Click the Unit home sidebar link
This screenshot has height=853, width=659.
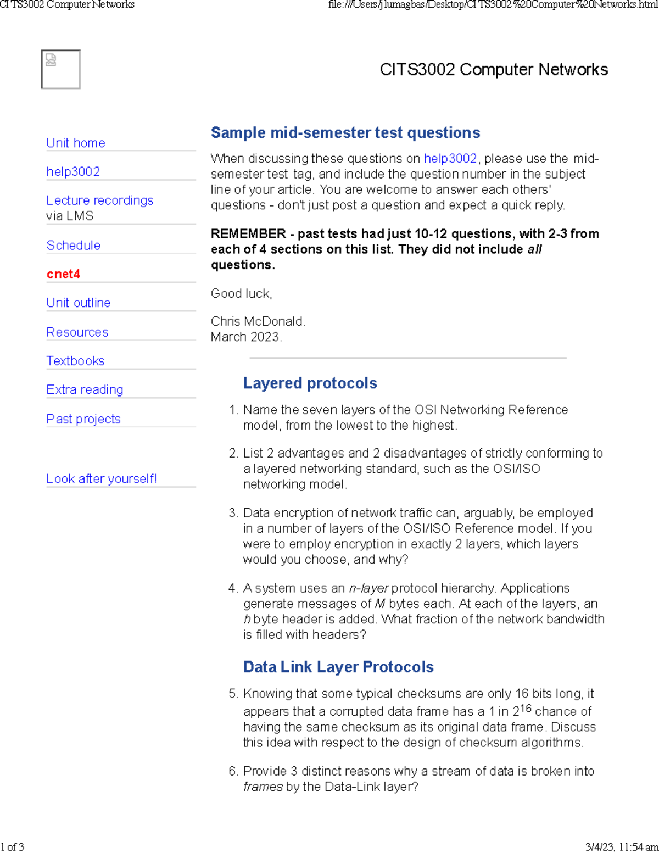pyautogui.click(x=76, y=143)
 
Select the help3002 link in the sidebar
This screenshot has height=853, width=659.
pyautogui.click(x=73, y=171)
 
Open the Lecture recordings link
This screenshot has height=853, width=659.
pyautogui.click(x=99, y=200)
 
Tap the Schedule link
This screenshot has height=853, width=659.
pyautogui.click(x=74, y=246)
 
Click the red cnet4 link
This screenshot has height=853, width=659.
pyautogui.click(x=63, y=274)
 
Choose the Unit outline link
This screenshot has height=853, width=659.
pyautogui.click(x=79, y=303)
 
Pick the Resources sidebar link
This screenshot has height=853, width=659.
pyautogui.click(x=77, y=332)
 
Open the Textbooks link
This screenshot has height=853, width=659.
pyautogui.click(x=75, y=361)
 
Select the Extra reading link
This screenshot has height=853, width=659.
pyautogui.click(x=85, y=389)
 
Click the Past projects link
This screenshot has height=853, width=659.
pyautogui.click(x=83, y=419)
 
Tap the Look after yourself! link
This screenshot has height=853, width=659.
pyautogui.click(x=102, y=479)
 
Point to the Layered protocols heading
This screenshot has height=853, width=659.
pyautogui.click(x=310, y=383)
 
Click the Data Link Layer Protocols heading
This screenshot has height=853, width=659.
pyautogui.click(x=338, y=667)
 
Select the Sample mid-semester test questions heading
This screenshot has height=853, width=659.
pyautogui.click(x=345, y=133)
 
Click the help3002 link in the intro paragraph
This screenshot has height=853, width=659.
pyautogui.click(x=450, y=159)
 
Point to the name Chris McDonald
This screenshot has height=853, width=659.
pyautogui.click(x=258, y=321)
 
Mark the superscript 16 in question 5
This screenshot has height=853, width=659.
pyautogui.click(x=526, y=708)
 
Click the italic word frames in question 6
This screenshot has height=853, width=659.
pyautogui.click(x=263, y=787)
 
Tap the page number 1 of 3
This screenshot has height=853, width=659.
pyautogui.click(x=13, y=846)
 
